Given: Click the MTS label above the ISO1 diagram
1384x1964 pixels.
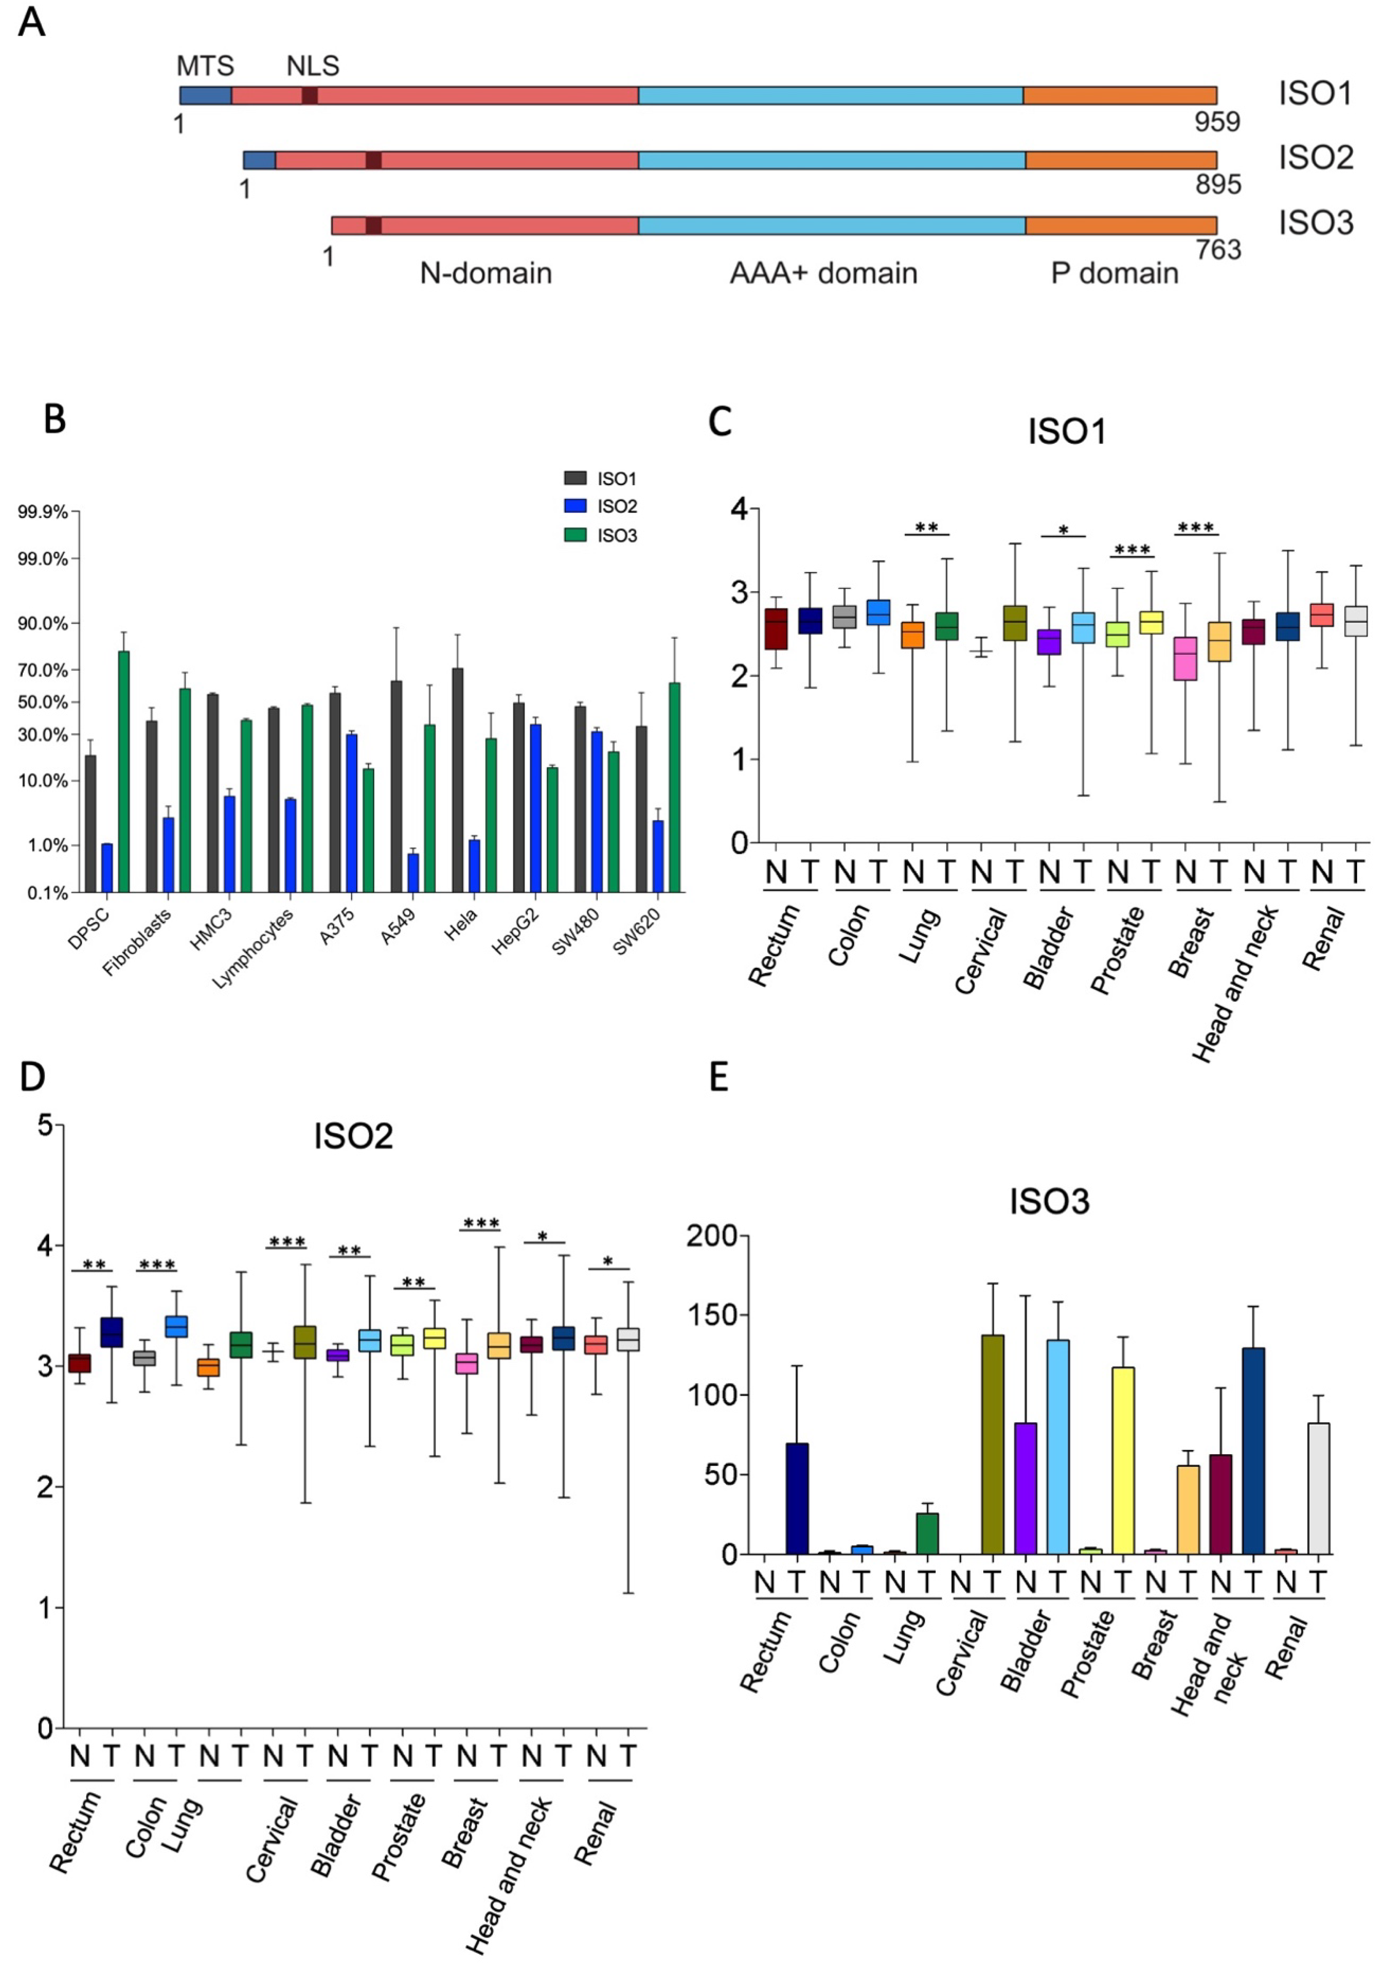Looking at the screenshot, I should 205,66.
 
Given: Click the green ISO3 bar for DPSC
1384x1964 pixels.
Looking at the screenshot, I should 124,770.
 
